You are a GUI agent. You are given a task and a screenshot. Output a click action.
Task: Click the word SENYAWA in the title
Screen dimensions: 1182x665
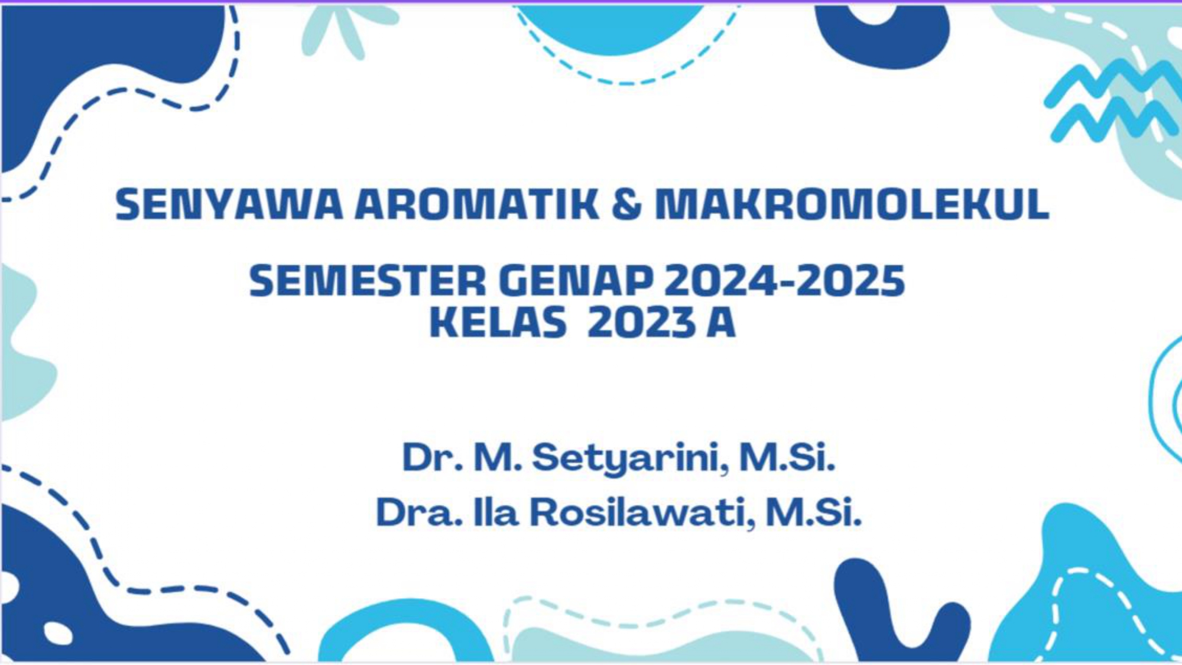point(229,205)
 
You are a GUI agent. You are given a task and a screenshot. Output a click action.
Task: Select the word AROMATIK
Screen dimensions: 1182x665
point(478,205)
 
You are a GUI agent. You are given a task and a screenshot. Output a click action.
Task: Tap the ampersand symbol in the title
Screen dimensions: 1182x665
point(626,205)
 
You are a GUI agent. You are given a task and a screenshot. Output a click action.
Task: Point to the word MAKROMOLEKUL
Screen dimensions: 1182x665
point(852,205)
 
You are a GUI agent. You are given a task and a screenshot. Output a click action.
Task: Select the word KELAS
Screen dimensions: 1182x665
point(498,323)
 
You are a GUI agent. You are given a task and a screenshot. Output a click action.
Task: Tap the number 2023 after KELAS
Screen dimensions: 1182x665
point(642,323)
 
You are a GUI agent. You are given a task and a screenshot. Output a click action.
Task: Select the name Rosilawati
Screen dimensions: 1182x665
point(642,512)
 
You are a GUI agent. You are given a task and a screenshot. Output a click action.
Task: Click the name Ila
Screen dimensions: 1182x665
point(496,512)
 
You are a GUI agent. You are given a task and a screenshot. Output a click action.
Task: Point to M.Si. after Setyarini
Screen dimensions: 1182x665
point(787,458)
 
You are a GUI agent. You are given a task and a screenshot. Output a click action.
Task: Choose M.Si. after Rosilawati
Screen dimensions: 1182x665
point(814,512)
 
